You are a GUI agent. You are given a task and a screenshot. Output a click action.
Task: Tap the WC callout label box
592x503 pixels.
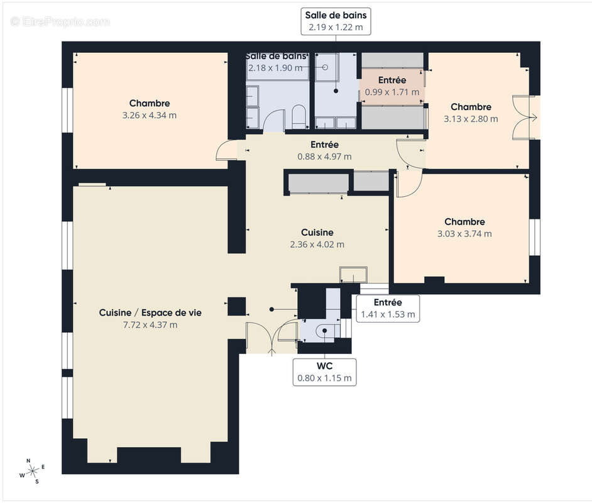[324, 372]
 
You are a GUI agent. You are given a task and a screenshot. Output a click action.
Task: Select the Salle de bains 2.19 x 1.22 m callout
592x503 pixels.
[336, 21]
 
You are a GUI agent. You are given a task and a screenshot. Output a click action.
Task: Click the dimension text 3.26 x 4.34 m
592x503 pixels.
[150, 115]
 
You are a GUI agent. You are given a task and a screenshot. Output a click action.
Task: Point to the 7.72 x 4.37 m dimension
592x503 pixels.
[150, 324]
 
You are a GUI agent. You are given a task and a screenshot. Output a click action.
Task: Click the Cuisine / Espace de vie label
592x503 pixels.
[150, 312]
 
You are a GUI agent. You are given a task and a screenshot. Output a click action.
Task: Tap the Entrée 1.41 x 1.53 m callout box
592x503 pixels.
[387, 308]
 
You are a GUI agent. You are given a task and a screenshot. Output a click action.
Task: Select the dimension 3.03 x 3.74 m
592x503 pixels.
[464, 233]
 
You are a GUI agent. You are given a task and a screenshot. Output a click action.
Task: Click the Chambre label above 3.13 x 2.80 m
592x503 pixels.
[471, 107]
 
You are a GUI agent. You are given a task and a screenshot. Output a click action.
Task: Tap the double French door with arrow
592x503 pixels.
[524, 117]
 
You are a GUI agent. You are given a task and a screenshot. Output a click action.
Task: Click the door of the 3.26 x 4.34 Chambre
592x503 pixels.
[224, 152]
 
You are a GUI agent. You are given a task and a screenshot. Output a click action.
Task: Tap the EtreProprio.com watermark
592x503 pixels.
[60, 21]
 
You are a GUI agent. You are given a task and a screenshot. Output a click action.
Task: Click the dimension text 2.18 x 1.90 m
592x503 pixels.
[275, 68]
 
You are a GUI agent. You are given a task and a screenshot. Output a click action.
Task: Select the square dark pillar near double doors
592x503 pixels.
[236, 306]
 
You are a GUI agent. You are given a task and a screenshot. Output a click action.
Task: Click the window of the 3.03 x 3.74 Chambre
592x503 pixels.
[535, 237]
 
